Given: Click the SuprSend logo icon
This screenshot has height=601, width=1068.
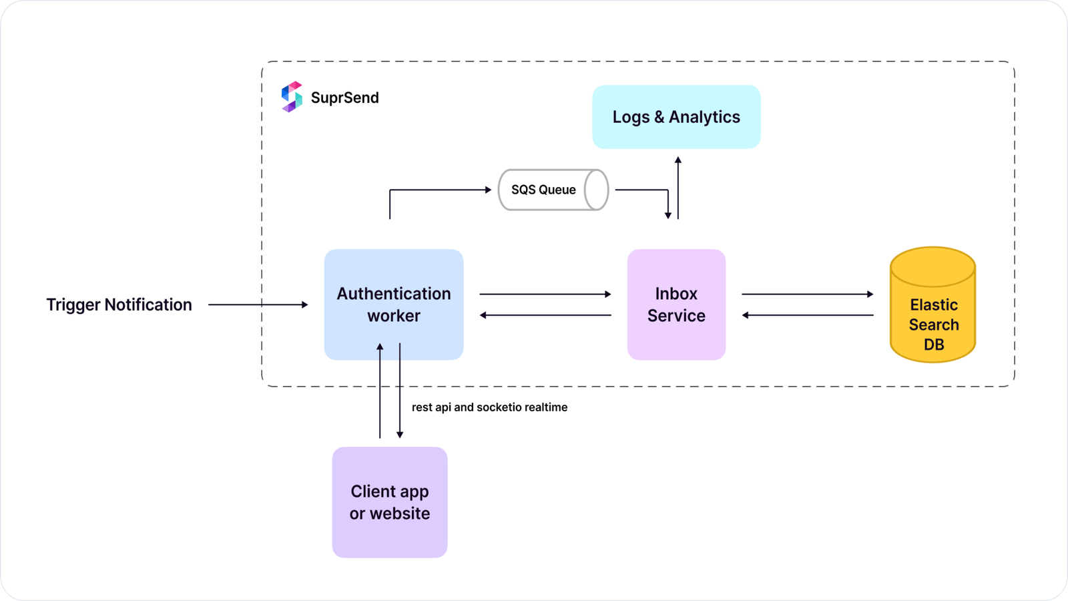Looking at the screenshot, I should point(292,97).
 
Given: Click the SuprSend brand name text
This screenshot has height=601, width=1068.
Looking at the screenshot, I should point(344,97).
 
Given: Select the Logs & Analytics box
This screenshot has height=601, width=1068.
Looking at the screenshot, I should point(676,117).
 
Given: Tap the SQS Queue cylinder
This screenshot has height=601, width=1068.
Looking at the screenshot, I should point(553,190).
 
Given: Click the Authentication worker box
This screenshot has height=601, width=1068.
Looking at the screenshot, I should point(394,305).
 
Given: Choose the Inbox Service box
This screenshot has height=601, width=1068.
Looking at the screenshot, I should point(676,305).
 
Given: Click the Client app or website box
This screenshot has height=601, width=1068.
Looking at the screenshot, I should point(390,502).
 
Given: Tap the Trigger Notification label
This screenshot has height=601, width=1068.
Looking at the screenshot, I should point(119,305).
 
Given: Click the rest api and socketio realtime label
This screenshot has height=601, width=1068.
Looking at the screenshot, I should point(489,407).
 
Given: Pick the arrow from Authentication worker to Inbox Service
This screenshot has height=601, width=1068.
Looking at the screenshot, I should point(545,294).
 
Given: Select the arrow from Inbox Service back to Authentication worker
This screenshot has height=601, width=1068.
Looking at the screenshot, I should point(545,315).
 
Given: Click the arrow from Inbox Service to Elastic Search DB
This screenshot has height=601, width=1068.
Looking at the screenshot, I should point(807,294).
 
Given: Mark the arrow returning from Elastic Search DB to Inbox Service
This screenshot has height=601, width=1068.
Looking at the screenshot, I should point(807,315).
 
